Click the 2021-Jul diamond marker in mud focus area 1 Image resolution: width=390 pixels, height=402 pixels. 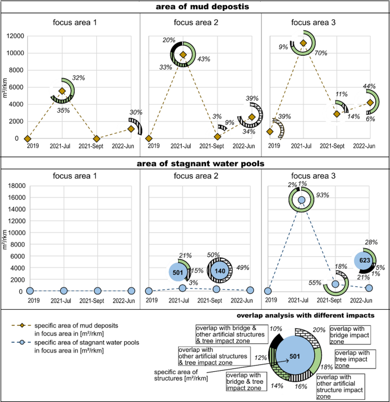point(62,91)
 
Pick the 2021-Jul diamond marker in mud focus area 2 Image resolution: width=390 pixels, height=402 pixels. point(183,55)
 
